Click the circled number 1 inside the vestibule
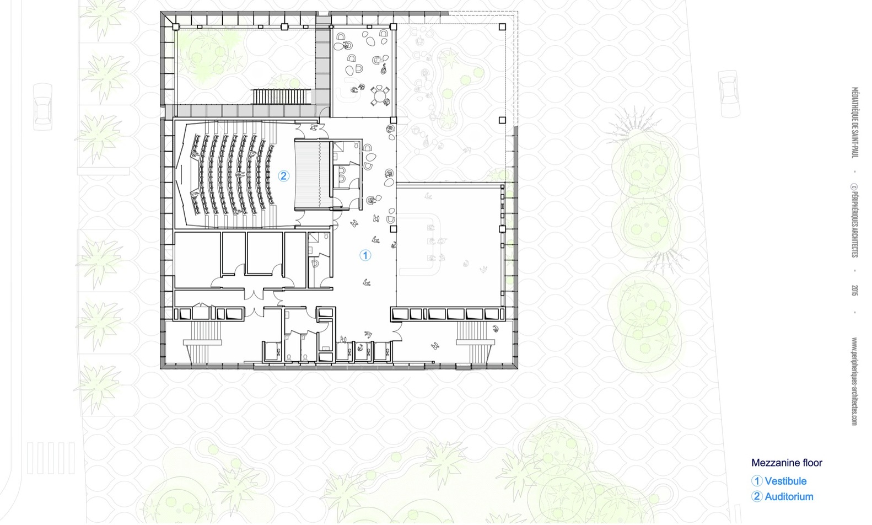click(365, 255)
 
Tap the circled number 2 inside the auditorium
click(283, 176)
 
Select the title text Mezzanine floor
click(787, 463)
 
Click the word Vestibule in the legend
click(785, 481)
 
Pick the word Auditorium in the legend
click(789, 496)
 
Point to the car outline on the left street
click(42, 107)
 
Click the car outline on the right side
click(729, 94)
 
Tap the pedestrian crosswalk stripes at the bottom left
click(51, 458)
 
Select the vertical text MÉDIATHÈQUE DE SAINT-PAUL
click(855, 122)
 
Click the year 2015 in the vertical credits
click(855, 290)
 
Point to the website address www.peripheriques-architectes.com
click(855, 381)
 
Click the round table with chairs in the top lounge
click(380, 95)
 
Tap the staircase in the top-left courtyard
click(282, 97)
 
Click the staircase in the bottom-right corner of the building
click(475, 342)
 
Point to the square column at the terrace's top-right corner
click(502, 27)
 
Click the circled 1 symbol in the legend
click(757, 481)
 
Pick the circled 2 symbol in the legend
click(757, 496)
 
